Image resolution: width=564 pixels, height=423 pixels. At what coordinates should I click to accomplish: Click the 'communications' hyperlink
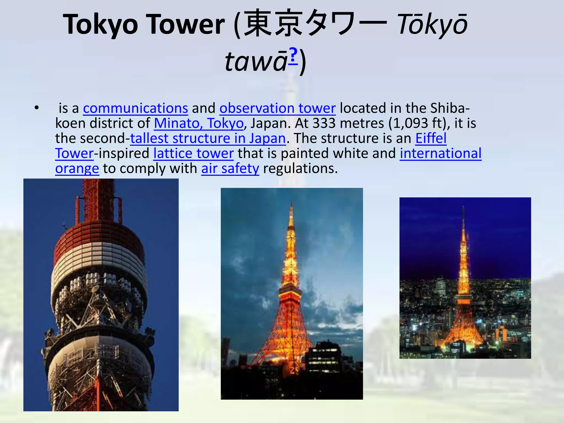[x=135, y=108]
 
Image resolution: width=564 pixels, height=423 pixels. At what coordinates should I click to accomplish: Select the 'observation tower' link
[x=277, y=108]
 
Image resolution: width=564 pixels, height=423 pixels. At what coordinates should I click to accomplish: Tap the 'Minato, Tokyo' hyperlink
[x=199, y=123]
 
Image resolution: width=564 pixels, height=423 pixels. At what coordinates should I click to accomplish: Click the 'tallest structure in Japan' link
[x=208, y=139]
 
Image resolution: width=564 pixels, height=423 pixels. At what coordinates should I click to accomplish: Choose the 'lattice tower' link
[x=193, y=154]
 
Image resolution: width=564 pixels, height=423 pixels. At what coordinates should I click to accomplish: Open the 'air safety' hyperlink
[x=230, y=169]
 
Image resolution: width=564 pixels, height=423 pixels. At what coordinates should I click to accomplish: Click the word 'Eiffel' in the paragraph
[x=431, y=139]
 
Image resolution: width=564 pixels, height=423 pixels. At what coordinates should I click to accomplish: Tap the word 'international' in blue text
[x=440, y=154]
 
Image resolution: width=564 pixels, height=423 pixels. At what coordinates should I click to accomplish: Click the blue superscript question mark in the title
[x=293, y=55]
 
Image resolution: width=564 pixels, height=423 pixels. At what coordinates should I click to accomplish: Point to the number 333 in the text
[x=324, y=123]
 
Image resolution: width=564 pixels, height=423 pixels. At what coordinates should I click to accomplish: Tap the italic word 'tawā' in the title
[x=256, y=62]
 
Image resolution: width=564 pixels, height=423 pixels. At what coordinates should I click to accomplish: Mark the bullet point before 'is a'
[x=37, y=108]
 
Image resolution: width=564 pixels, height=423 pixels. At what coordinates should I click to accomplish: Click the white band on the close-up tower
[x=99, y=260]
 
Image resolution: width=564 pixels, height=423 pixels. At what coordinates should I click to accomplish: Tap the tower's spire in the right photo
[x=463, y=218]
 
